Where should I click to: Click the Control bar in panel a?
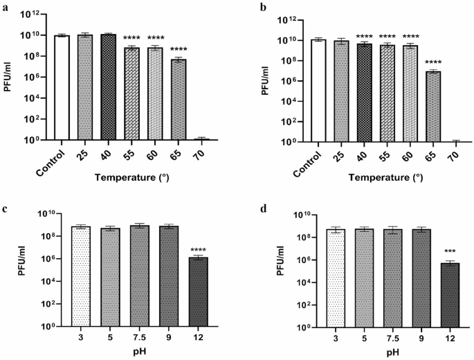[x=62, y=87]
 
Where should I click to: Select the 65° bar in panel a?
[x=179, y=100]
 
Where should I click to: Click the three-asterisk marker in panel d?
[x=431, y=251]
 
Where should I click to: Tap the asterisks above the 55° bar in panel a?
[x=131, y=38]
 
